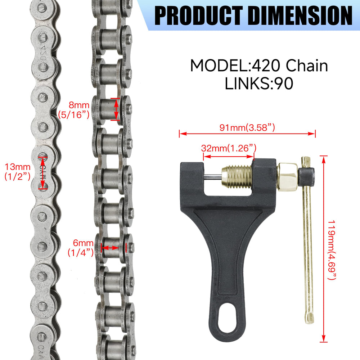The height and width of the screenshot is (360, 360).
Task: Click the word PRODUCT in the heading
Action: pos(199,15)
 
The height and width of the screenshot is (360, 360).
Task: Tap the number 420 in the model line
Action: pos(266,66)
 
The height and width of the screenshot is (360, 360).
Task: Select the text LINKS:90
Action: pos(259,83)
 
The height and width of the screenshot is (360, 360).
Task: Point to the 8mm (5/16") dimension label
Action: pos(73,110)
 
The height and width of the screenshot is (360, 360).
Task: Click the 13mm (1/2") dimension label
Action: pos(17,171)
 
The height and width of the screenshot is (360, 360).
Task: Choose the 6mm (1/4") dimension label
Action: pos(81,248)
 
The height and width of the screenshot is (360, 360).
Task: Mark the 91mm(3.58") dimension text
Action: pos(247,128)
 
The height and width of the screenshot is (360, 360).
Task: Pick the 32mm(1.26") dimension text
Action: pos(229,148)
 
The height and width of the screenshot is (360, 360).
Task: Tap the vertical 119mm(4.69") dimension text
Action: pos(332,250)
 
